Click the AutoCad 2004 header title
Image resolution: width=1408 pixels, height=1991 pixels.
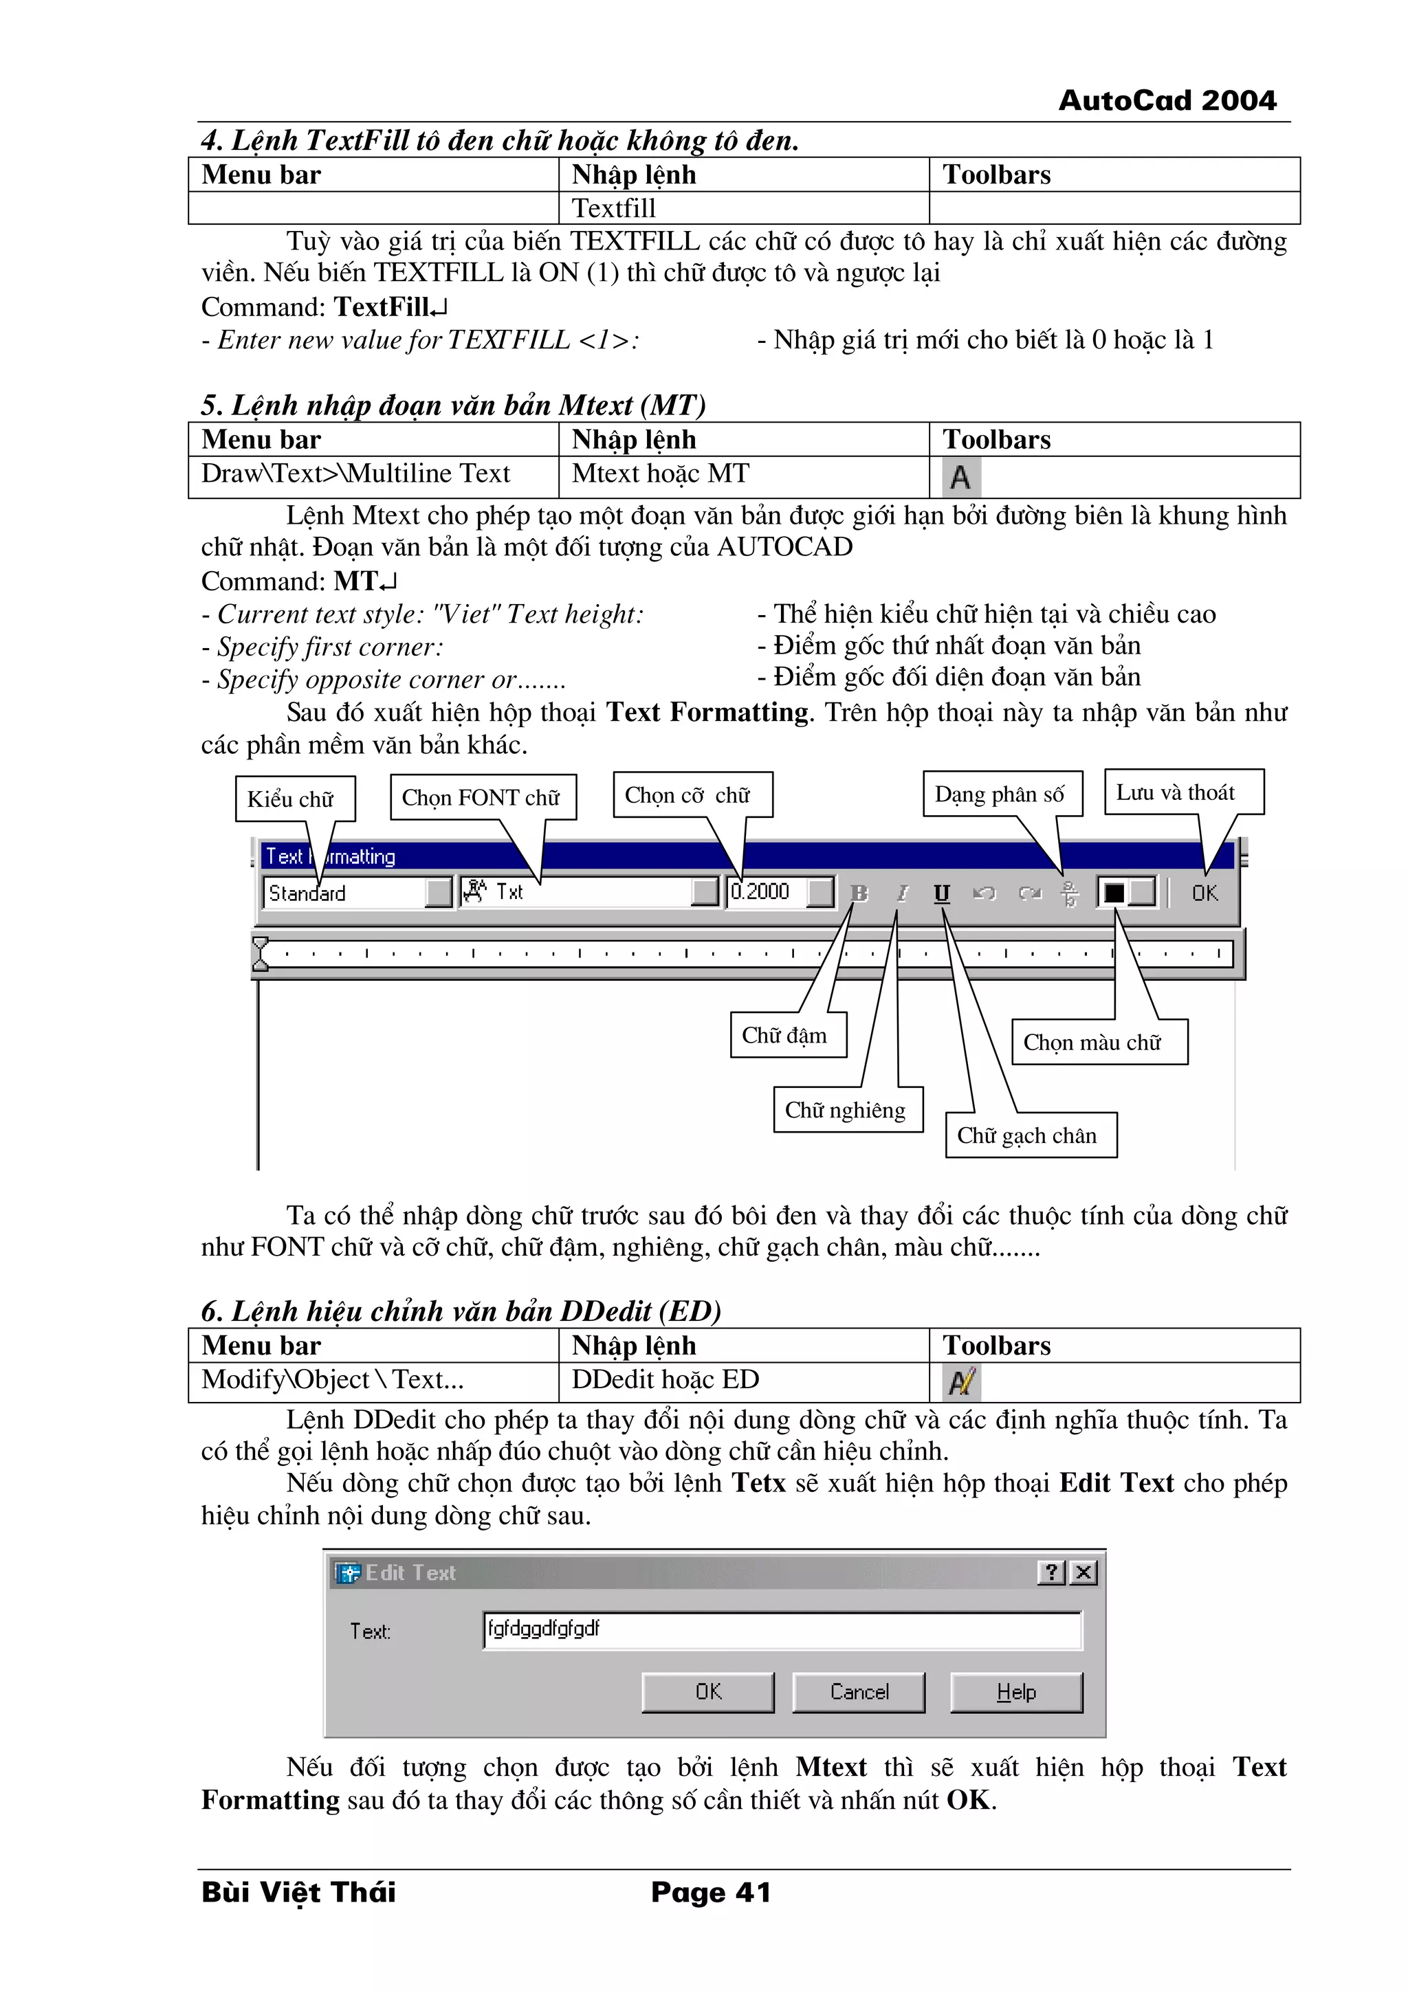click(x=1167, y=100)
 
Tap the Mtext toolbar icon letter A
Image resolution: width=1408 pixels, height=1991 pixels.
click(x=960, y=477)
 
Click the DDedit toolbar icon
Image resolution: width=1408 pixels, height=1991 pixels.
click(x=961, y=1381)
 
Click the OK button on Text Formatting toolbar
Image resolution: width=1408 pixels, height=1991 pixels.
click(x=1204, y=892)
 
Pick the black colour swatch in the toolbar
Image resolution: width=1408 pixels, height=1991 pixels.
click(x=1114, y=892)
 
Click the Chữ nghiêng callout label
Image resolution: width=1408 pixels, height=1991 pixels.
click(x=845, y=1110)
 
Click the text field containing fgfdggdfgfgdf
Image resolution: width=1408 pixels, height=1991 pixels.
click(x=781, y=1629)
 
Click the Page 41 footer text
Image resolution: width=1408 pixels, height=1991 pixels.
click(x=710, y=1892)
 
